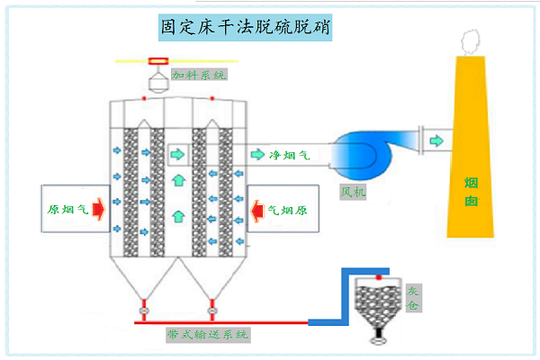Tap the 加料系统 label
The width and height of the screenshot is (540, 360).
200,74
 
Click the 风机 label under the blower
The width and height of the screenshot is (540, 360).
353,192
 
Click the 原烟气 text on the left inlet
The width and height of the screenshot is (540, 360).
67,211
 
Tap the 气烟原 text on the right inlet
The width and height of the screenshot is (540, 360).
287,211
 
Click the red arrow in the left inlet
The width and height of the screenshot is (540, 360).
97,211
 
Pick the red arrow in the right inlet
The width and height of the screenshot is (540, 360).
255,211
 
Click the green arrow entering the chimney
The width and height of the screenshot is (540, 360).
436,140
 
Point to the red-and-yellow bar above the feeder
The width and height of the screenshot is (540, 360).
157,60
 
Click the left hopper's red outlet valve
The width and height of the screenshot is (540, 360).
141,313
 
